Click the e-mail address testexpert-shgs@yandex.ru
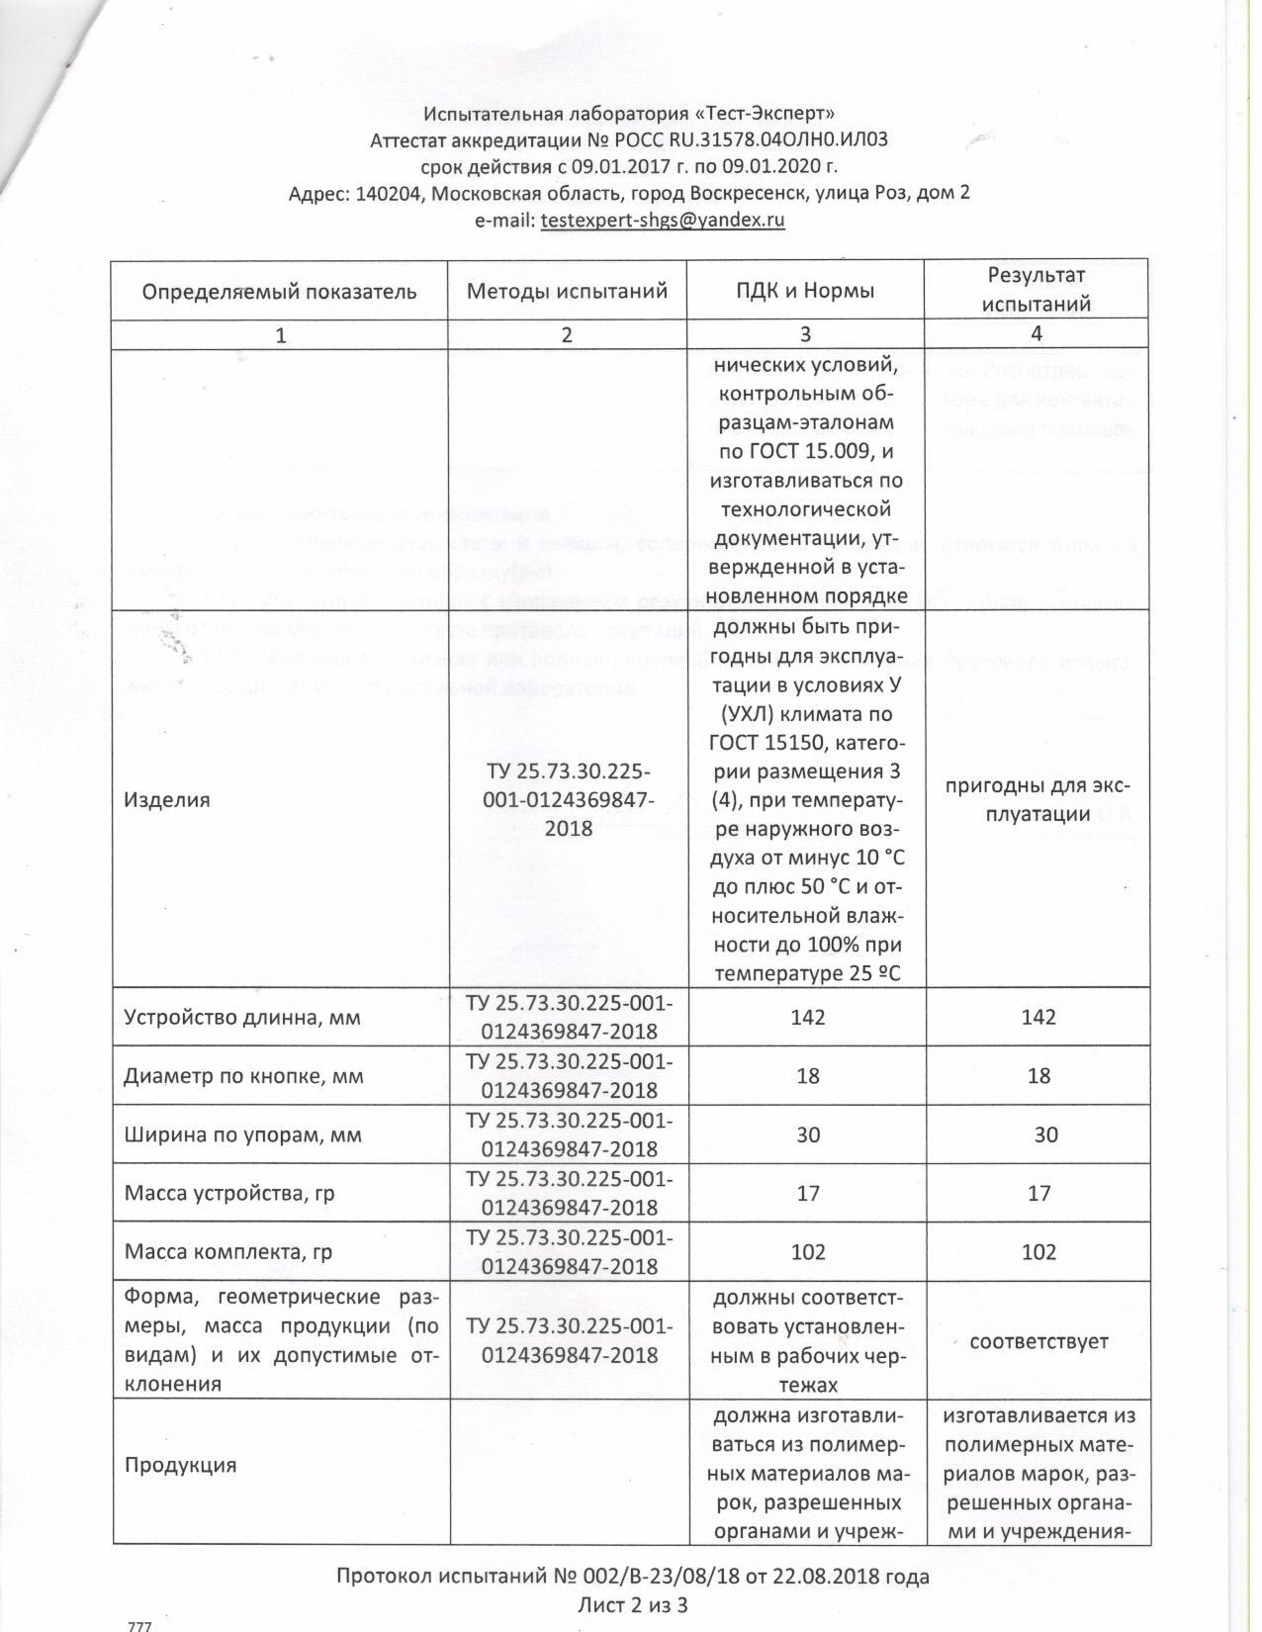(663, 221)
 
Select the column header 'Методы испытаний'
(567, 291)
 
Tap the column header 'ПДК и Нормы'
(805, 291)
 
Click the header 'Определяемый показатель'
(279, 292)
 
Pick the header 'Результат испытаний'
(1037, 289)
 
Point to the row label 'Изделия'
(167, 799)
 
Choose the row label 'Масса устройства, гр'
(229, 1193)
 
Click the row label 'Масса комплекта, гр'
(228, 1251)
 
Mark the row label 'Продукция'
(181, 1464)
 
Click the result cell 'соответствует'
(1038, 1341)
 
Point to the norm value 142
(808, 1017)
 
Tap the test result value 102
(1038, 1251)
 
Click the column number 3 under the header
(805, 334)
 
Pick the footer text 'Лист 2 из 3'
(632, 1604)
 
